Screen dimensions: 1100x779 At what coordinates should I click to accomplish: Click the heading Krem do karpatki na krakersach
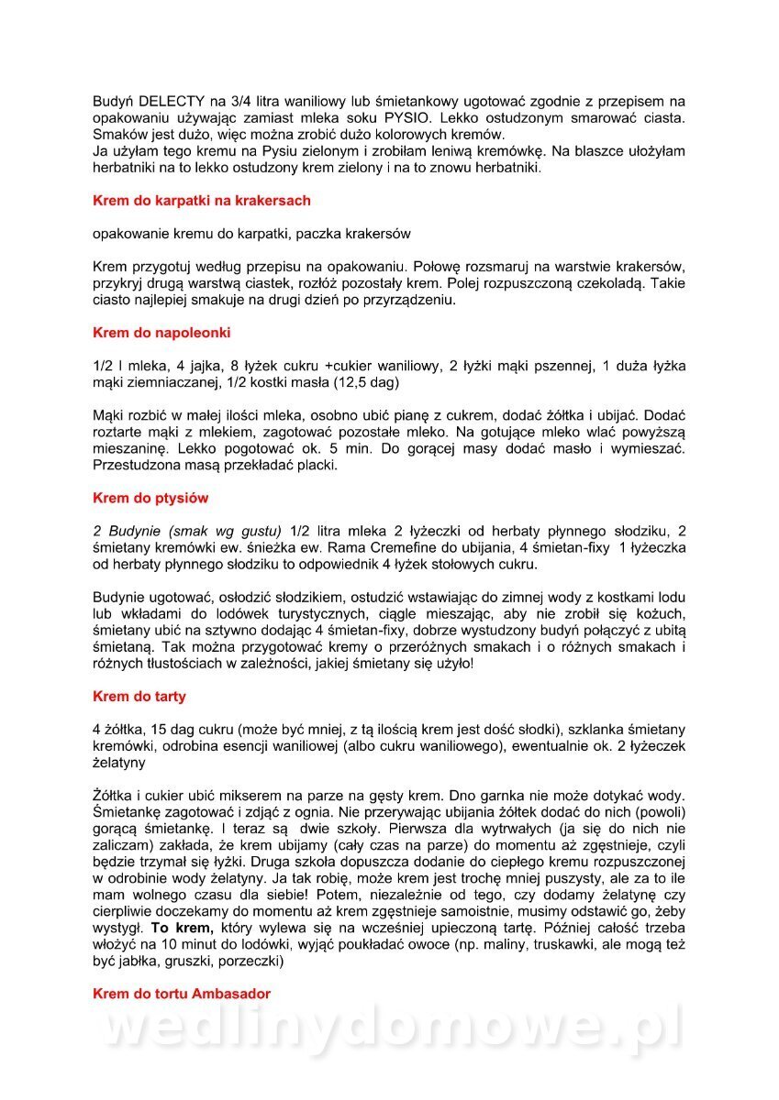[x=202, y=201]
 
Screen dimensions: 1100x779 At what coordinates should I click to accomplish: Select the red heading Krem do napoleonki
[x=161, y=333]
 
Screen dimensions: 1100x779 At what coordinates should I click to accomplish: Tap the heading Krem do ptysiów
[x=150, y=499]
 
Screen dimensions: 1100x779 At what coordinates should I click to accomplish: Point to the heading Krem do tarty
[x=139, y=697]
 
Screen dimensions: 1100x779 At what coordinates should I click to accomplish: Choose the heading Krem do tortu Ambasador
[x=182, y=994]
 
